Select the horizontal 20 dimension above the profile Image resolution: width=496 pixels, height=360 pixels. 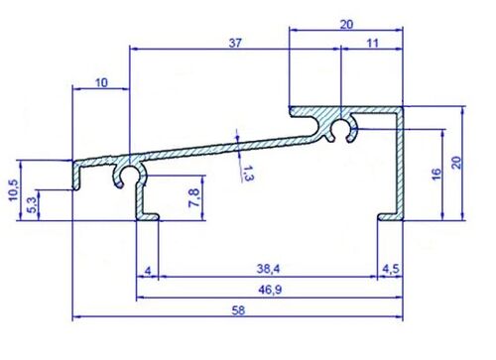point(345,26)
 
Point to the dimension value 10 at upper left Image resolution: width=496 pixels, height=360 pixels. point(102,83)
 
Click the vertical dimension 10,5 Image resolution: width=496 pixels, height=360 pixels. point(12,188)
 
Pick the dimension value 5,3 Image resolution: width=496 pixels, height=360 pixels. point(32,205)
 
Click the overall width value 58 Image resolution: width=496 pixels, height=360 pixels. point(238,310)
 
